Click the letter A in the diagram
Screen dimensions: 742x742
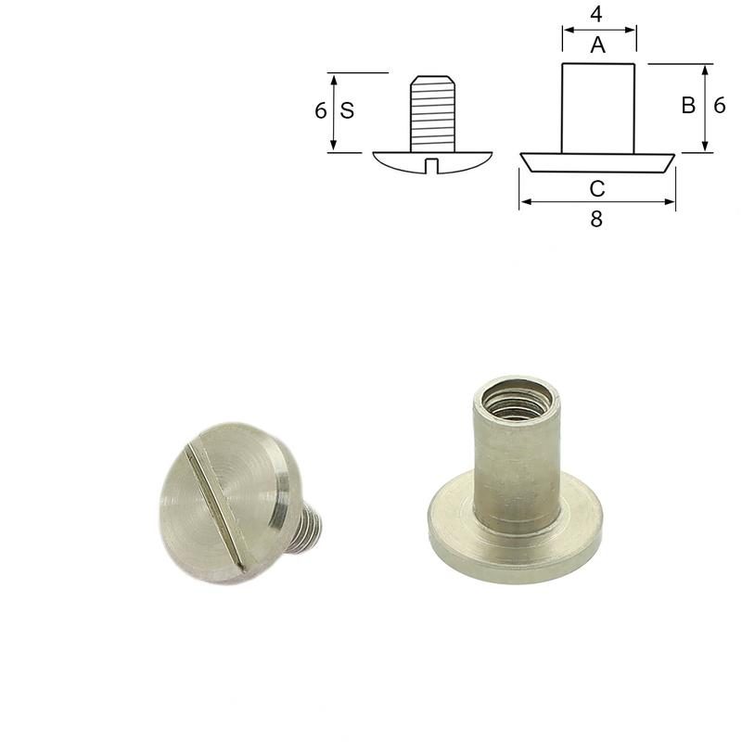click(598, 45)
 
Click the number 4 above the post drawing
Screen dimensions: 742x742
click(598, 16)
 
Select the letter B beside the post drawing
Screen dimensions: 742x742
click(688, 106)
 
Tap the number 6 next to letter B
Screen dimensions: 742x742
click(720, 106)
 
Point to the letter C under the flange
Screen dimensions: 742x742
click(597, 188)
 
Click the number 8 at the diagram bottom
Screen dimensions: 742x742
click(596, 220)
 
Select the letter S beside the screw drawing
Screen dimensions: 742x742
click(347, 110)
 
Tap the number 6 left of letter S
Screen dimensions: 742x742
click(320, 110)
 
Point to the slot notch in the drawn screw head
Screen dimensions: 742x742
click(432, 165)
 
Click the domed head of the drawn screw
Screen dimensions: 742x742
click(399, 160)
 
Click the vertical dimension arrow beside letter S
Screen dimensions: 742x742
click(333, 111)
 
